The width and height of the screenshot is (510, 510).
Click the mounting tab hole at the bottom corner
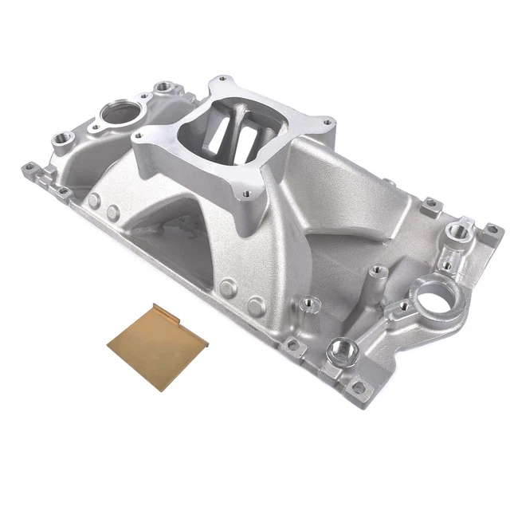(x=359, y=388)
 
